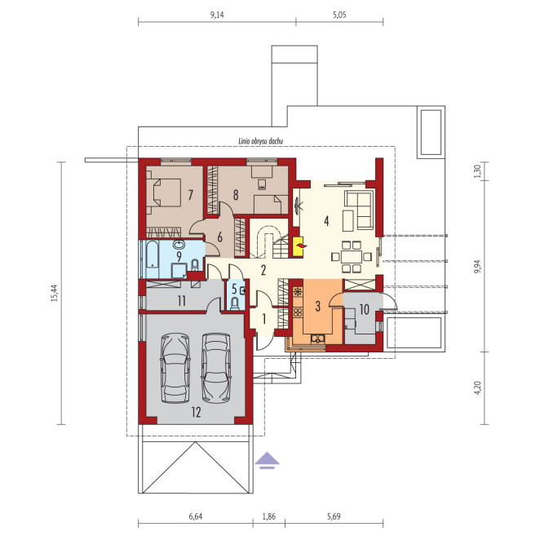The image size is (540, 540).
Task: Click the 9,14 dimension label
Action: [x=217, y=15]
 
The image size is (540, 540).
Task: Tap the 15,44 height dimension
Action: [x=55, y=293]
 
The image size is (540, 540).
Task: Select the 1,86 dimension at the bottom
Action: [x=268, y=516]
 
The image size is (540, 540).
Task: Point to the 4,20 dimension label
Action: [x=477, y=387]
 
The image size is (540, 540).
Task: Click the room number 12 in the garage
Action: [x=197, y=412]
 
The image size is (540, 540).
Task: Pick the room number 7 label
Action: [x=190, y=195]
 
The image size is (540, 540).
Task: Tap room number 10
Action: [x=365, y=310]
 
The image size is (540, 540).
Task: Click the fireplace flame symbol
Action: [x=302, y=246]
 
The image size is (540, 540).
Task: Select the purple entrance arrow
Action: [x=268, y=460]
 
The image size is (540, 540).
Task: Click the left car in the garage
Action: [x=175, y=367]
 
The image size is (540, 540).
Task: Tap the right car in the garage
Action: [x=216, y=367]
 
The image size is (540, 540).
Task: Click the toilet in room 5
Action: [x=235, y=303]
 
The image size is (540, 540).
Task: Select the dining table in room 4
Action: [x=352, y=257]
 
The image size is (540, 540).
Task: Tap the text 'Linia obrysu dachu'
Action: [x=261, y=141]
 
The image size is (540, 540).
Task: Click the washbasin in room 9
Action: [x=179, y=244]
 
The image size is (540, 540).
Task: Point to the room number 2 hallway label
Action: [x=263, y=270]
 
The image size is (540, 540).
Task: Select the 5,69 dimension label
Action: [x=334, y=516]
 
